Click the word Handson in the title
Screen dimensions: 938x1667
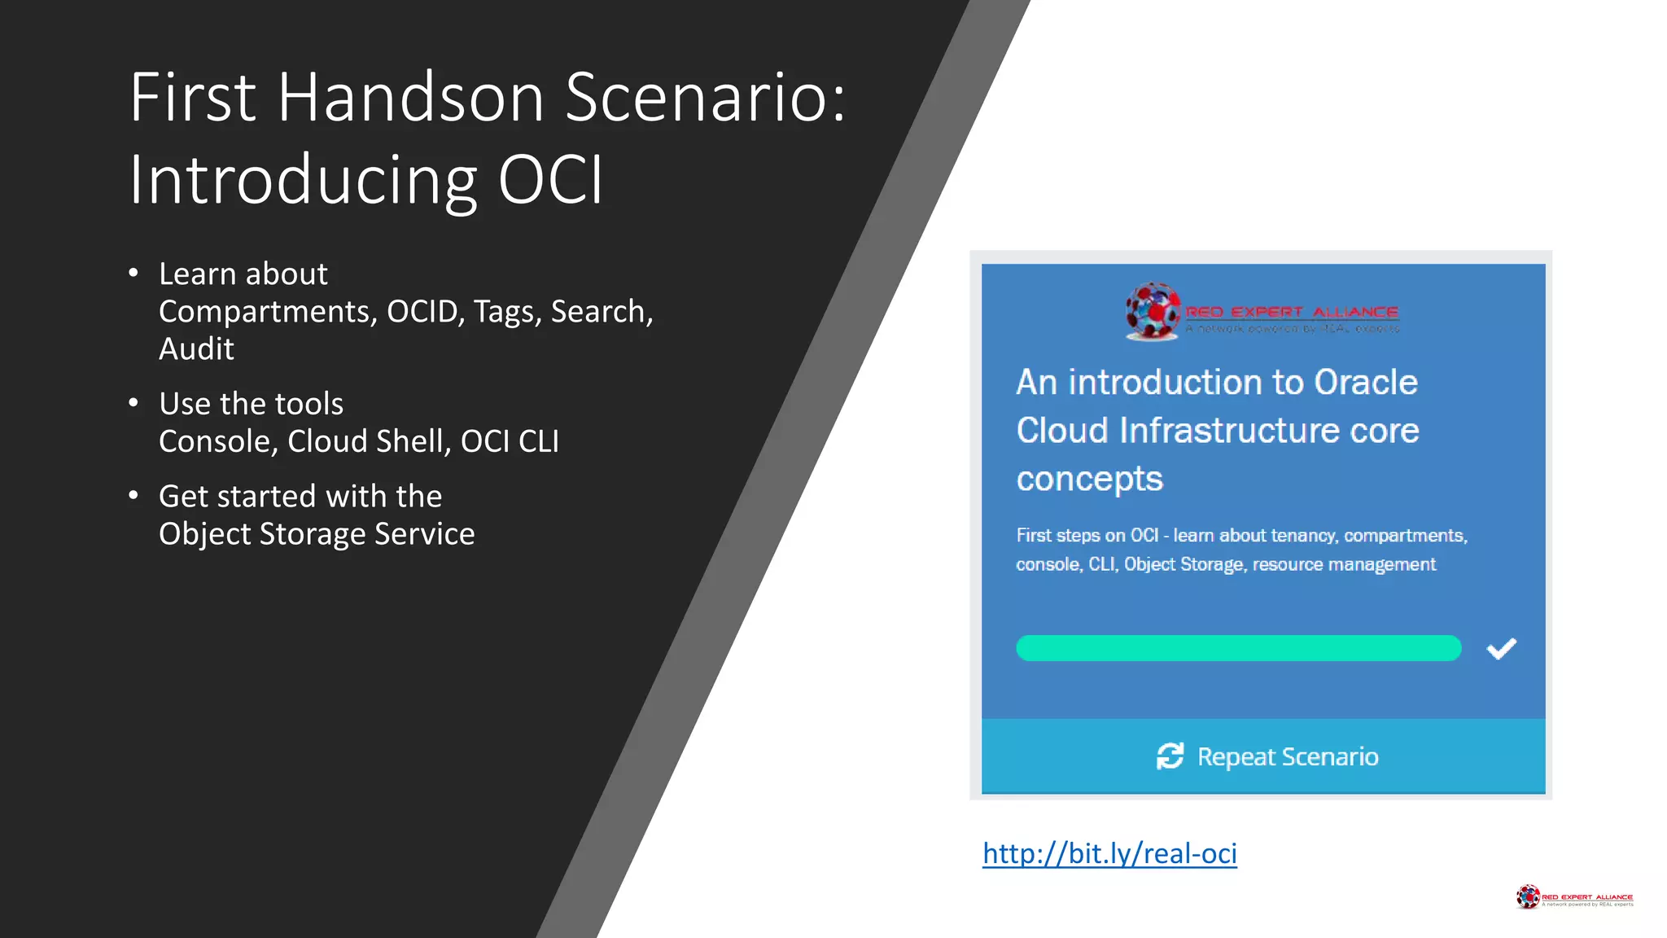(411, 98)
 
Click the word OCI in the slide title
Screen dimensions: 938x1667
(550, 180)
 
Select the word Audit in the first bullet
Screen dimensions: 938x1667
(196, 349)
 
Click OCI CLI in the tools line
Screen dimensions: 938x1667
(510, 441)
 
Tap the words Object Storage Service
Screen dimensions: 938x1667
(317, 534)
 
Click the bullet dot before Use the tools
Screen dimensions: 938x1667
(133, 403)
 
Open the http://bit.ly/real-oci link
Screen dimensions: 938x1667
(1109, 853)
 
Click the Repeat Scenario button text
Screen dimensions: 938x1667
(1288, 757)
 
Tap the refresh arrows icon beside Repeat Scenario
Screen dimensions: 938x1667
(1170, 756)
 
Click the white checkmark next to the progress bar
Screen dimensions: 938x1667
(1501, 649)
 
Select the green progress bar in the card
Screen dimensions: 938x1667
(1238, 648)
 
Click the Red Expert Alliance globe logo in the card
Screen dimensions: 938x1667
(1152, 311)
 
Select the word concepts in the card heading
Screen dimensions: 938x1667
(1089, 480)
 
